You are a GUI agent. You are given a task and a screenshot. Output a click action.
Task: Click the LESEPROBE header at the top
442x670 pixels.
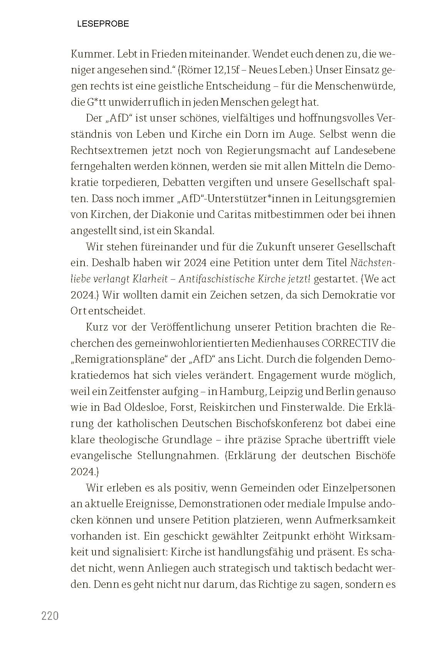click(x=103, y=24)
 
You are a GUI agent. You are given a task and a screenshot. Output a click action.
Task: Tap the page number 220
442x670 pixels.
click(x=50, y=616)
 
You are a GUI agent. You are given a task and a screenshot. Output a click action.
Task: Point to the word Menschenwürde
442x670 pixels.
click(x=355, y=86)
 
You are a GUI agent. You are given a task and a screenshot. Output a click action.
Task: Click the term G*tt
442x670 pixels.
click(x=96, y=102)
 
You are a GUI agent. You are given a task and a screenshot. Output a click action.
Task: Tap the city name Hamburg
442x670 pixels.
click(x=242, y=392)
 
